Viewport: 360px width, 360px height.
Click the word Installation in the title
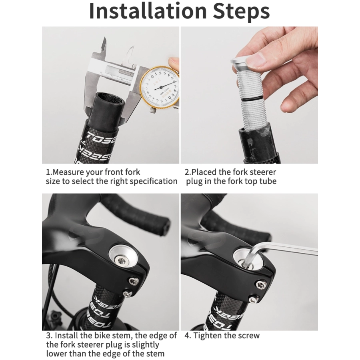(x=148, y=11)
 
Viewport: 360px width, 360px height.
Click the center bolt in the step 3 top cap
(x=121, y=261)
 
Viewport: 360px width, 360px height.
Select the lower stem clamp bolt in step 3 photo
(x=127, y=294)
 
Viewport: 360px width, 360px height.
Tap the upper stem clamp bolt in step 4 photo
(x=260, y=285)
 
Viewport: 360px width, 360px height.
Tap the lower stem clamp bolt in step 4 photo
(x=253, y=299)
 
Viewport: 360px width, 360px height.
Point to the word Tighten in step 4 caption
(x=208, y=336)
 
